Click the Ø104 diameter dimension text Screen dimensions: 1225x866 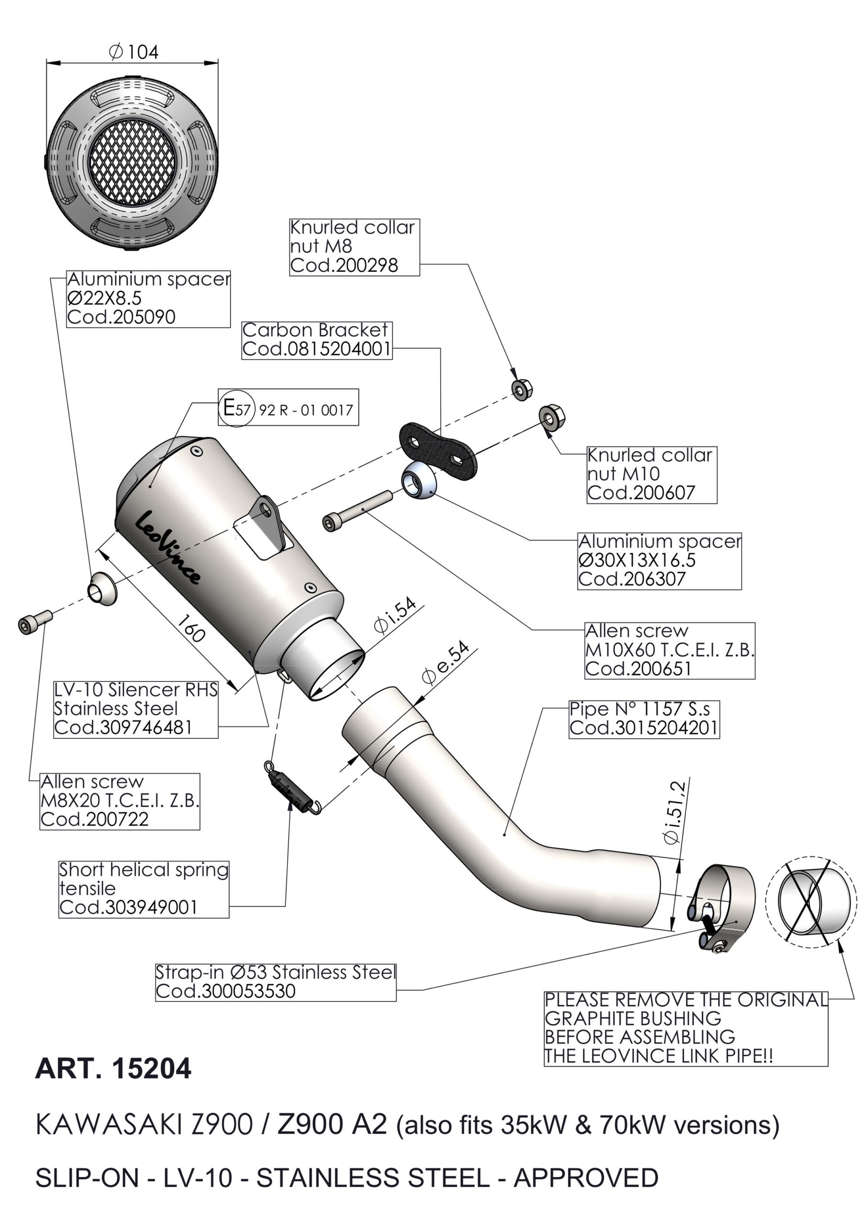pos(133,52)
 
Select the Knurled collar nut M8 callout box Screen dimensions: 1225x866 pos(355,246)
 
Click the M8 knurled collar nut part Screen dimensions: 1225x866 pos(520,390)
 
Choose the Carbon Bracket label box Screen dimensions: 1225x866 pos(316,340)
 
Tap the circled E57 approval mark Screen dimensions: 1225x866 pos(236,409)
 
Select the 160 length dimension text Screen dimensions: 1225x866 pos(190,628)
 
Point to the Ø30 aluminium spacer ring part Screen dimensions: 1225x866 pos(419,479)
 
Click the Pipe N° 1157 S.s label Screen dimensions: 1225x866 pos(644,719)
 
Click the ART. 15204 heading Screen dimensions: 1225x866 pos(112,1069)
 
